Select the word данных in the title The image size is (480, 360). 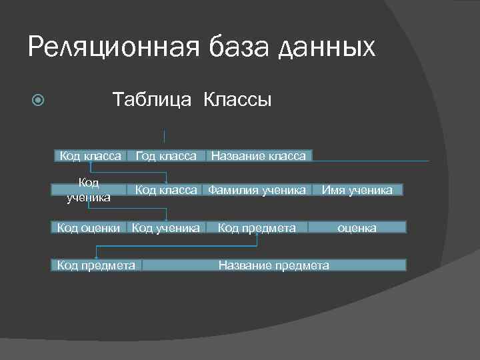(326, 47)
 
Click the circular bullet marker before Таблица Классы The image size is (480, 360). (39, 102)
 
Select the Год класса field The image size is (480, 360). (166, 156)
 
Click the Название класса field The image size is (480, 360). (259, 156)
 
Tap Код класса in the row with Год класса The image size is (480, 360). (91, 156)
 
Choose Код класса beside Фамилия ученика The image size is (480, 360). (166, 190)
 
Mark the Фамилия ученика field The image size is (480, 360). (257, 190)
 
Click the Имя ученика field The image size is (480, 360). (357, 190)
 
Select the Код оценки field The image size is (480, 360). (89, 228)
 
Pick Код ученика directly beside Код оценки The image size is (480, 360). (166, 228)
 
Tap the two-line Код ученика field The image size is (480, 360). (89, 190)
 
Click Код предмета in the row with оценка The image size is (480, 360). (257, 228)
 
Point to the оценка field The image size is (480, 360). (357, 228)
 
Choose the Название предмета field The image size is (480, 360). (274, 265)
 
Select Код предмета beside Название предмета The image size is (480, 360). (96, 265)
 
